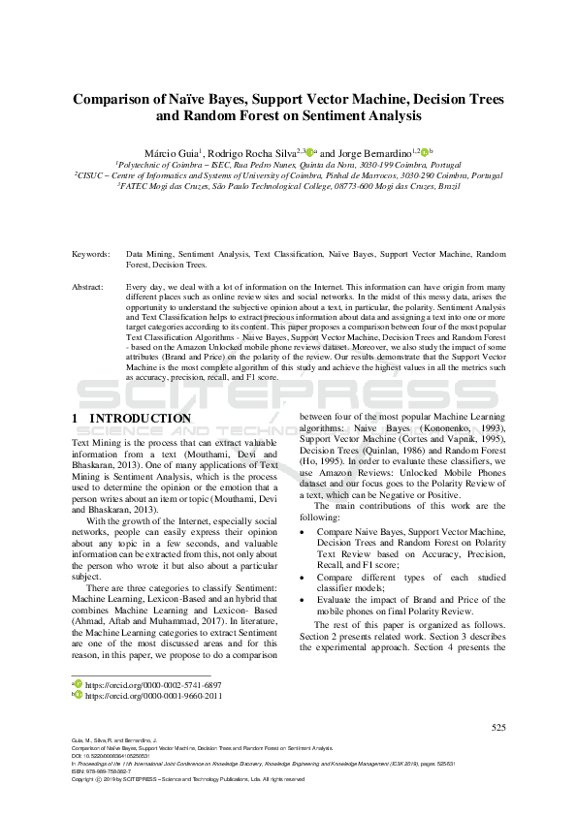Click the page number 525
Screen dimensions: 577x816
498,727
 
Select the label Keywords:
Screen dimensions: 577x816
91,254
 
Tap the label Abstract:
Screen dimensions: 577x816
90,288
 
